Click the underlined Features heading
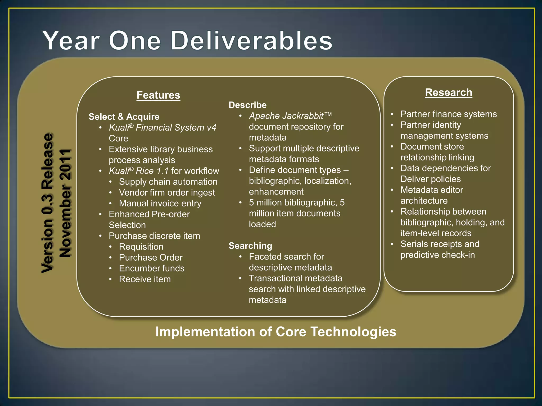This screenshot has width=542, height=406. pyautogui.click(x=158, y=95)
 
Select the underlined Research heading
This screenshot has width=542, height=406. pyautogui.click(x=448, y=93)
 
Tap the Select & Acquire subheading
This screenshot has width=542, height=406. pyautogui.click(x=124, y=117)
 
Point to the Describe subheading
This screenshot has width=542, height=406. pyautogui.click(x=247, y=105)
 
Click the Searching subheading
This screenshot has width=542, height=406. pyautogui.click(x=250, y=246)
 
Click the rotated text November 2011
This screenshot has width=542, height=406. pyautogui.click(x=65, y=203)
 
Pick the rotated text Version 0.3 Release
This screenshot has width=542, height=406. pyautogui.click(x=48, y=203)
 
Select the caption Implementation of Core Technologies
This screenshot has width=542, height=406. pyautogui.click(x=275, y=332)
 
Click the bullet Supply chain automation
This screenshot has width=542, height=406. pyautogui.click(x=168, y=182)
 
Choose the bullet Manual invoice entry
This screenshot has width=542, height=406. pyautogui.click(x=160, y=204)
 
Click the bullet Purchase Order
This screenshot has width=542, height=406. pyautogui.click(x=151, y=257)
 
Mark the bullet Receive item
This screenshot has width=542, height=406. pyautogui.click(x=145, y=279)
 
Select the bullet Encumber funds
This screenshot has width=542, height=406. pyautogui.click(x=152, y=268)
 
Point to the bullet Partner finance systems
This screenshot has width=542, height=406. pyautogui.click(x=448, y=114)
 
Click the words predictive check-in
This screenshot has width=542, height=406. pyautogui.click(x=437, y=255)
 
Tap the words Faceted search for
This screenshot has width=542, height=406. pyautogui.click(x=286, y=257)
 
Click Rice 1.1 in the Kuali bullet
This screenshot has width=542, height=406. pyautogui.click(x=152, y=171)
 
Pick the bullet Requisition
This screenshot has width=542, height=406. pyautogui.click(x=141, y=247)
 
